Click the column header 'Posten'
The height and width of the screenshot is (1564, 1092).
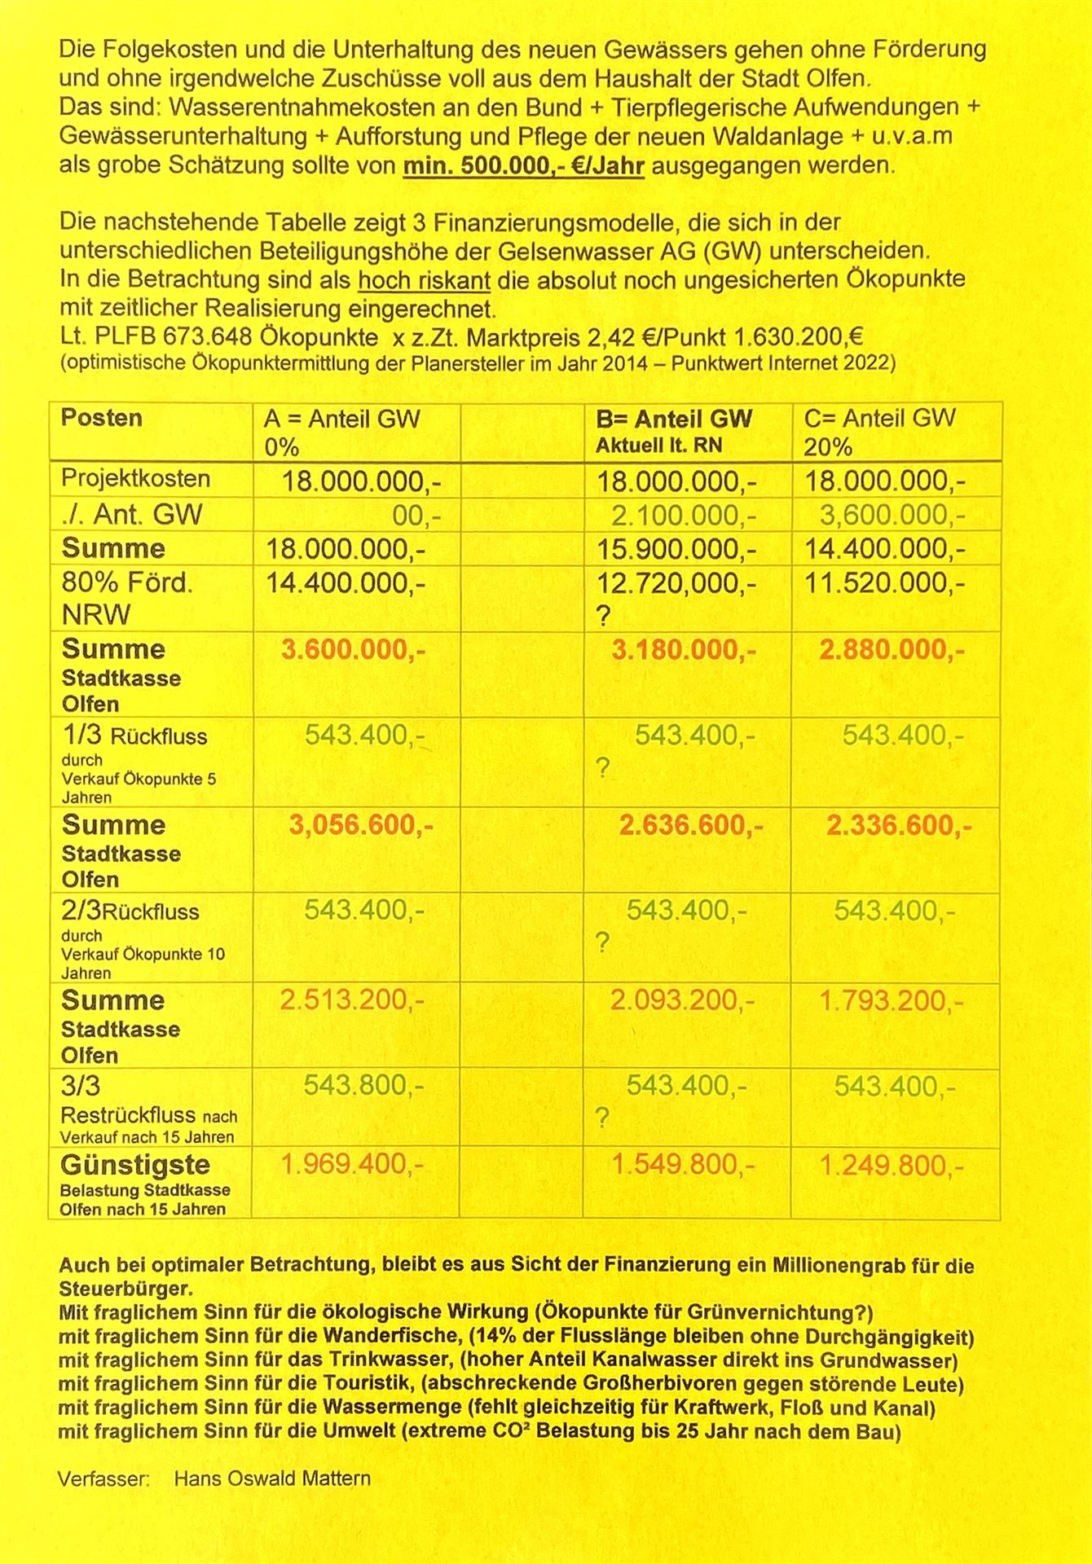[101, 418]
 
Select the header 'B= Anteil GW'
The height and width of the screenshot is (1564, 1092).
[674, 419]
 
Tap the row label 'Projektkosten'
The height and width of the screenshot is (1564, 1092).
[135, 478]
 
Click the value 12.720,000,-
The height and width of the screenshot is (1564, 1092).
[676, 583]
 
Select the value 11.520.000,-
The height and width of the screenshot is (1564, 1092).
[885, 583]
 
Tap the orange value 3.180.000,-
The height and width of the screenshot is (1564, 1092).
[684, 650]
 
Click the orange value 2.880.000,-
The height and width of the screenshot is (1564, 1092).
[892, 650]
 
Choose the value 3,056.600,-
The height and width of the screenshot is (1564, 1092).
[361, 825]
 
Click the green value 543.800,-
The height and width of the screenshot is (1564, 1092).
[363, 1085]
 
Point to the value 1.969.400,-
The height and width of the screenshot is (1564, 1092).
[352, 1164]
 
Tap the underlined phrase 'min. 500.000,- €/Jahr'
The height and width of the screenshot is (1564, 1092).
[524, 165]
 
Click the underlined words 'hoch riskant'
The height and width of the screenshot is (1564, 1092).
[424, 279]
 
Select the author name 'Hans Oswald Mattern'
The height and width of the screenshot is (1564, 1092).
[272, 1478]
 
